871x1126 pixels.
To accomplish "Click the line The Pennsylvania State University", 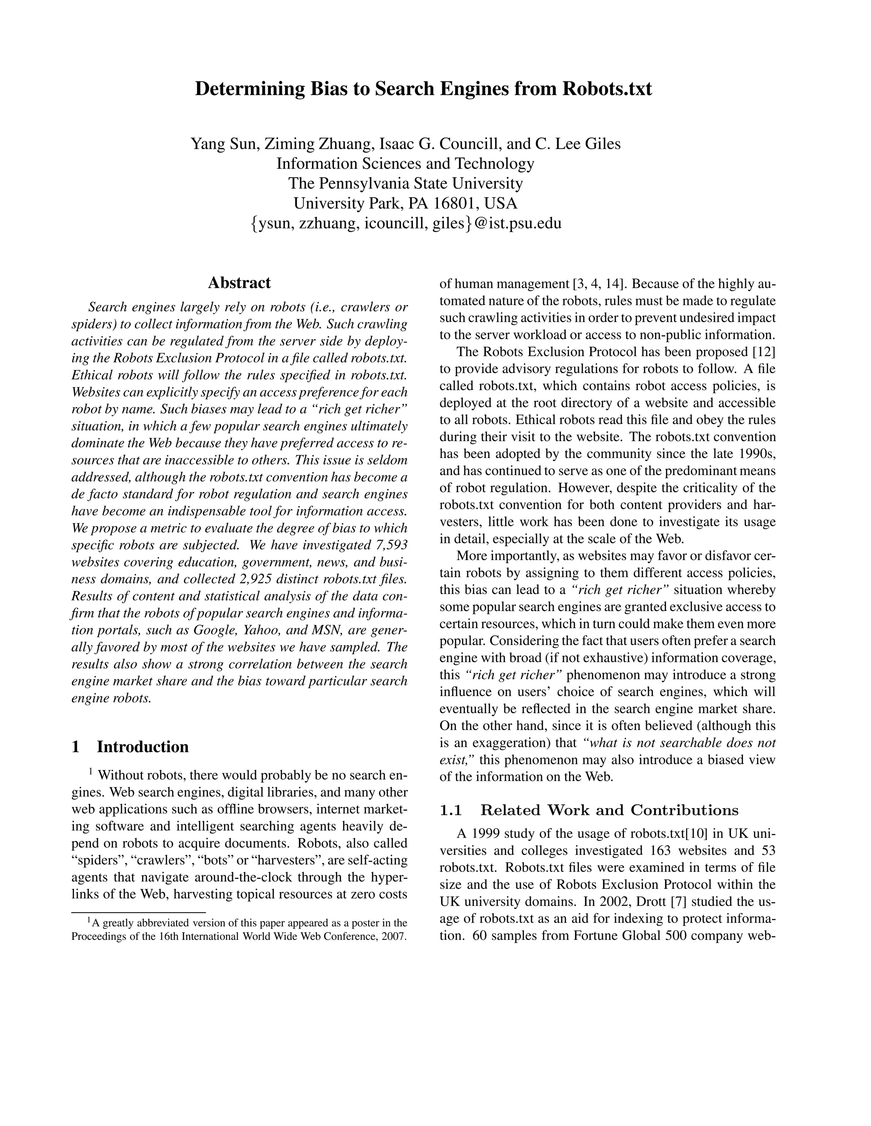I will tap(405, 184).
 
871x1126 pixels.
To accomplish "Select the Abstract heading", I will tap(239, 283).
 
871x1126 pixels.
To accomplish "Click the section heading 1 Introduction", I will tap(130, 747).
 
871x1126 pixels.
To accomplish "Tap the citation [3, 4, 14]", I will tap(598, 284).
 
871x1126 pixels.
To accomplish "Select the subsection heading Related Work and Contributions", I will tap(609, 810).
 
